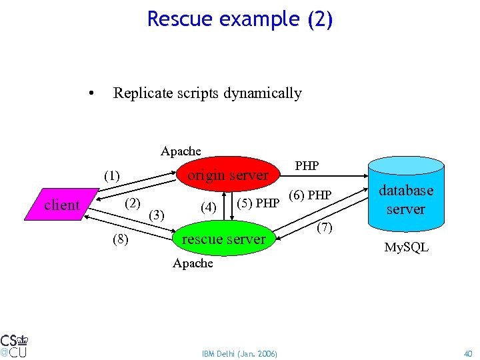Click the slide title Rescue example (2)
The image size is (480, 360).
(x=239, y=19)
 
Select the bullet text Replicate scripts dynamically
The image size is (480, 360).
(x=207, y=93)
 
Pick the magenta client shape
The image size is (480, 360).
(x=61, y=205)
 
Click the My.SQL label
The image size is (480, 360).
(x=406, y=248)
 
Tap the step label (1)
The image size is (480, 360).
(x=111, y=177)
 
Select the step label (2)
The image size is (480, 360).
(x=133, y=203)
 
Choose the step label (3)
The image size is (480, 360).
(x=157, y=215)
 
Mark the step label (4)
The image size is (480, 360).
(x=209, y=208)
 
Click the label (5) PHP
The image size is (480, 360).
(x=258, y=203)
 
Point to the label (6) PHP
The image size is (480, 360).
(x=309, y=195)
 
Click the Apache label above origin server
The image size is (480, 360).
(x=181, y=151)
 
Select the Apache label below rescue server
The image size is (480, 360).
(x=193, y=263)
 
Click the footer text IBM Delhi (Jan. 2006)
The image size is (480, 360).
(x=240, y=353)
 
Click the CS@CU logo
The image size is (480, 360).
(x=14, y=345)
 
